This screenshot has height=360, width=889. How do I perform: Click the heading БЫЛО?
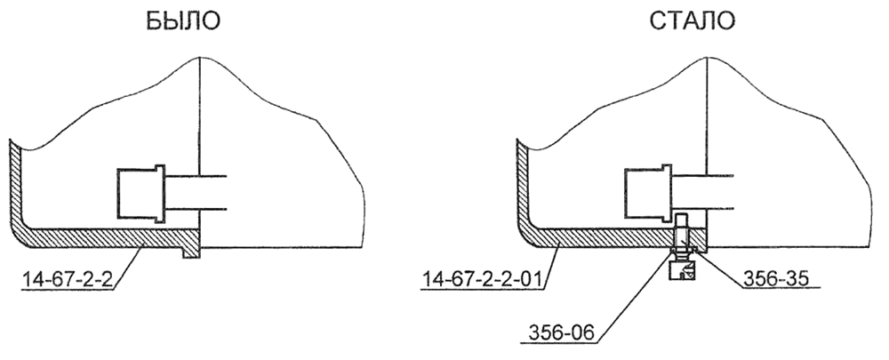tap(182, 21)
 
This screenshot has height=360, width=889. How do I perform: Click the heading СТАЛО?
tap(692, 21)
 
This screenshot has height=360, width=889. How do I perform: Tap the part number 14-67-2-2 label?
tap(69, 279)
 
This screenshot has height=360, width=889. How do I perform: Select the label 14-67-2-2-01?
tap(481, 279)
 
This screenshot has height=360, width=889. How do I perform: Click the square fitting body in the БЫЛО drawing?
tap(136, 193)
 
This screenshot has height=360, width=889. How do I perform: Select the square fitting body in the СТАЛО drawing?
tap(644, 193)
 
